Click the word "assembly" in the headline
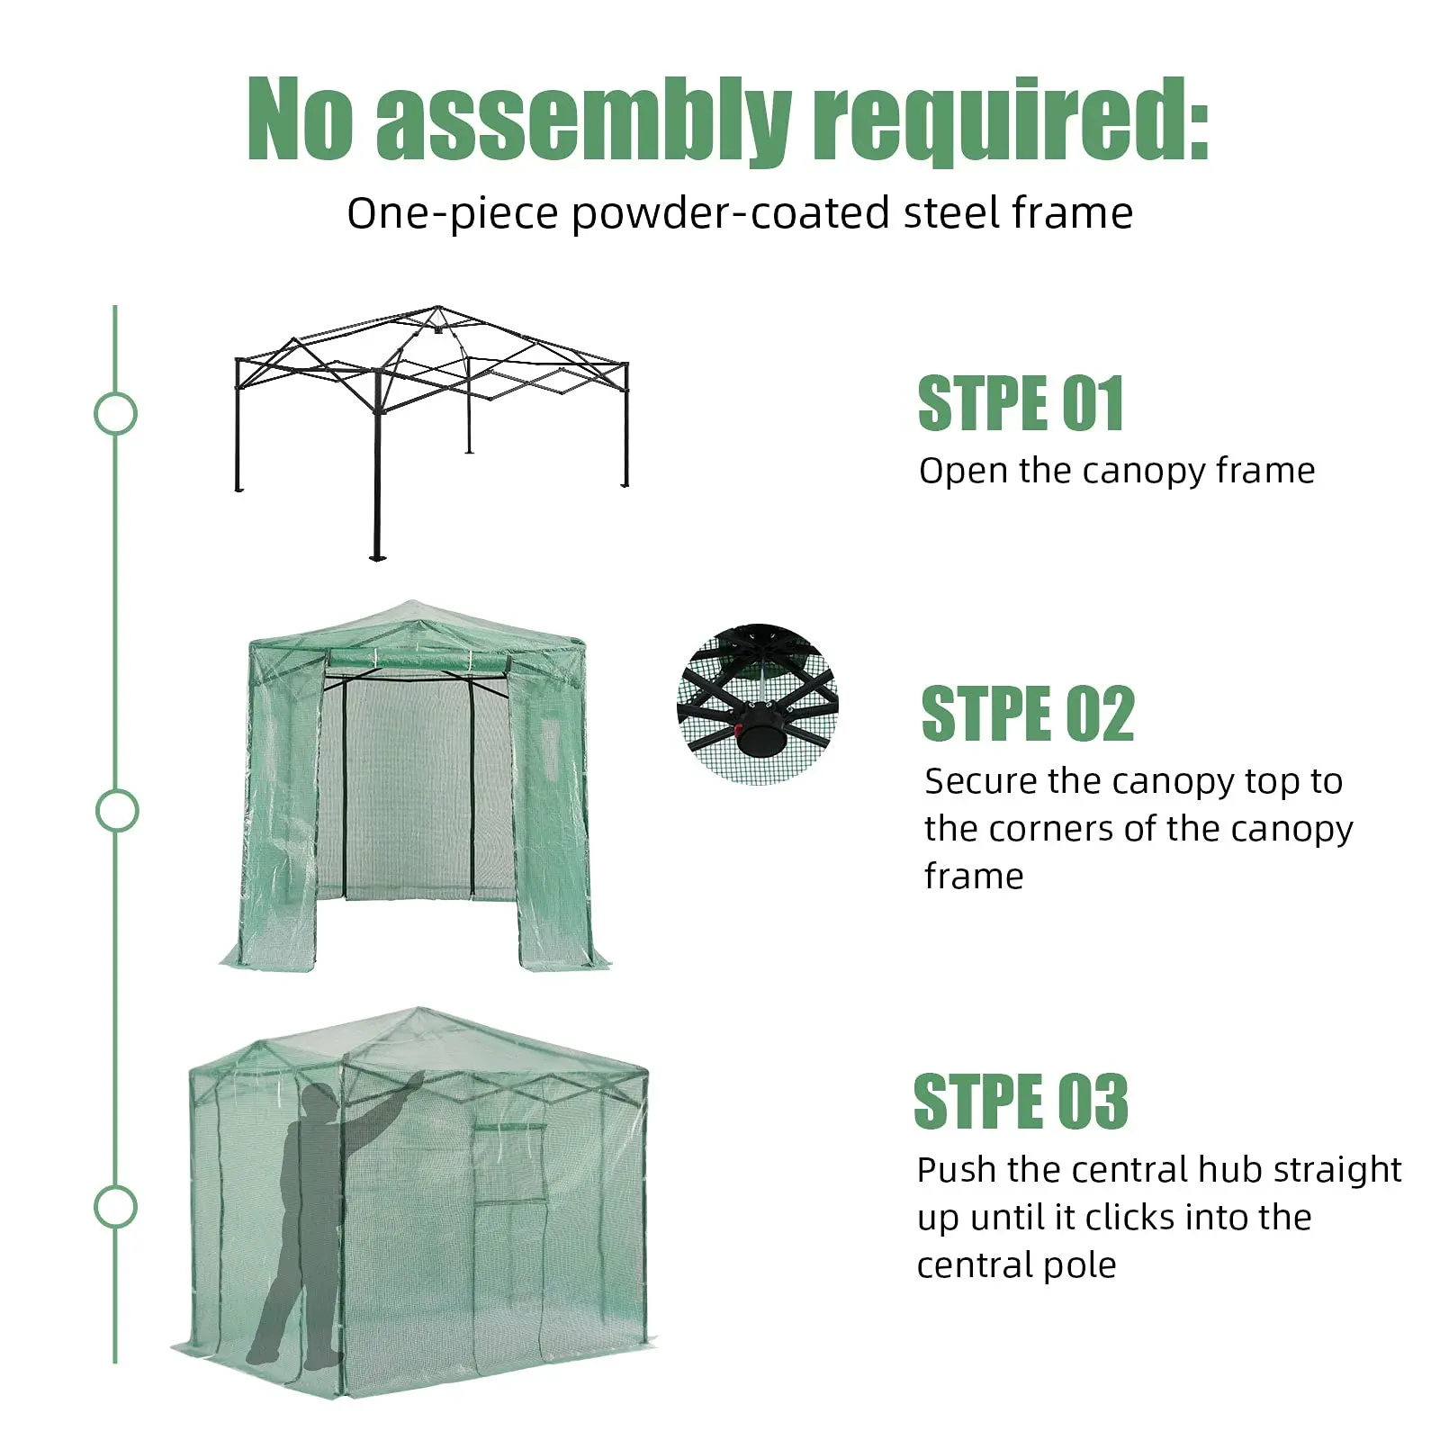pyautogui.click(x=583, y=121)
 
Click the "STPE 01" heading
pyautogui.click(x=1021, y=403)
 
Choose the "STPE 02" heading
pyautogui.click(x=1028, y=714)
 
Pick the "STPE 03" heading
pyautogui.click(x=1021, y=1101)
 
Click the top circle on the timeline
pyautogui.click(x=115, y=414)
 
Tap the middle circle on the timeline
pyautogui.click(x=117, y=811)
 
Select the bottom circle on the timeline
pyautogui.click(x=115, y=1207)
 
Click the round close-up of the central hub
pyautogui.click(x=757, y=704)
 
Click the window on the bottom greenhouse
pyautogui.click(x=510, y=1163)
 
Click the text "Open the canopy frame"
pyautogui.click(x=1117, y=471)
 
